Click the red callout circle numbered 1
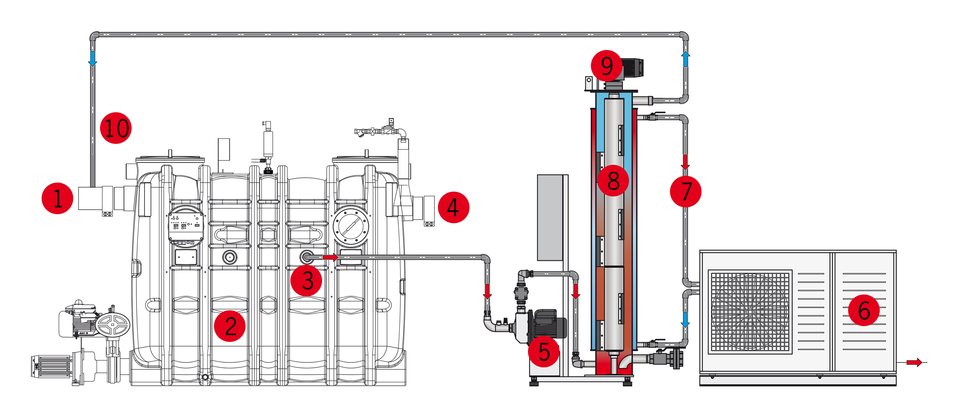(x=57, y=198)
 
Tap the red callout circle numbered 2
(x=230, y=326)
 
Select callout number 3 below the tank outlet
(x=306, y=280)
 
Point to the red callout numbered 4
(x=453, y=207)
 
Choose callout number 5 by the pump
(x=543, y=351)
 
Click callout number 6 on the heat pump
(x=864, y=310)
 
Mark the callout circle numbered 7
(x=686, y=191)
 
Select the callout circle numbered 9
(x=607, y=66)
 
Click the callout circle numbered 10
(x=116, y=128)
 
